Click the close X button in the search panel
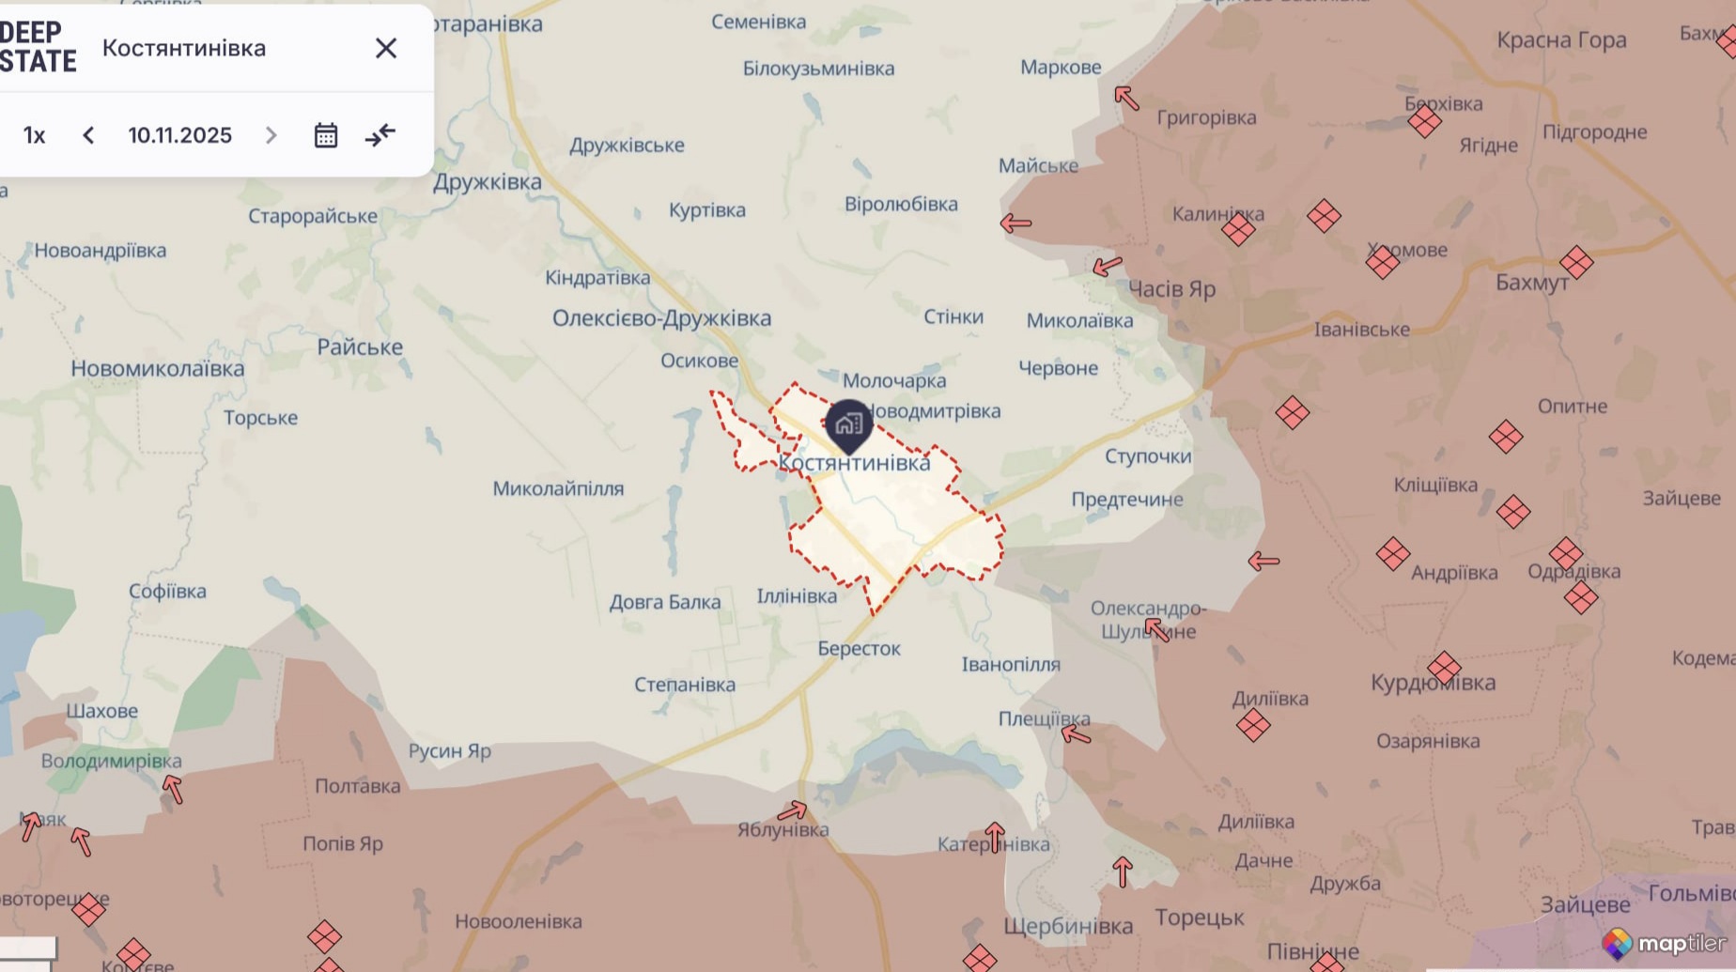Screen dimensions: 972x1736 pyautogui.click(x=386, y=48)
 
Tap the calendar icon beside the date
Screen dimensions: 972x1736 pyautogui.click(x=326, y=135)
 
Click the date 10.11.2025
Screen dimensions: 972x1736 pyautogui.click(x=179, y=135)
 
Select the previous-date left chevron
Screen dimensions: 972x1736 pyautogui.click(x=88, y=135)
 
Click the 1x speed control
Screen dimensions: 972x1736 pyautogui.click(x=35, y=135)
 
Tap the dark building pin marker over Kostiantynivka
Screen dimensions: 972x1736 pyautogui.click(x=848, y=424)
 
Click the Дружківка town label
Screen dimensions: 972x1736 pyautogui.click(x=487, y=182)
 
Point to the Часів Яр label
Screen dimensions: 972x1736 pyautogui.click(x=1170, y=289)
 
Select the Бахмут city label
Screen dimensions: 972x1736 pyautogui.click(x=1531, y=283)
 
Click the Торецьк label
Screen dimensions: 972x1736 pyautogui.click(x=1199, y=918)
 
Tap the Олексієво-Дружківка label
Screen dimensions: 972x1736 pyautogui.click(x=661, y=318)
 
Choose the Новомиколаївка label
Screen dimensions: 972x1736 pyautogui.click(x=158, y=369)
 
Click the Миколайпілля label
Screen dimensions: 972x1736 pyautogui.click(x=558, y=488)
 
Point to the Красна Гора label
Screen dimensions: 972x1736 pyautogui.click(x=1561, y=40)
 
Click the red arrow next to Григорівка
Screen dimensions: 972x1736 pyautogui.click(x=1126, y=97)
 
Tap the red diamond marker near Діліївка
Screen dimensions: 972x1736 pyautogui.click(x=1253, y=725)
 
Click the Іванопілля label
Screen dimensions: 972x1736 pyautogui.click(x=1011, y=665)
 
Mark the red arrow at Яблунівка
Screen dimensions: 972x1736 pyautogui.click(x=792, y=810)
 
